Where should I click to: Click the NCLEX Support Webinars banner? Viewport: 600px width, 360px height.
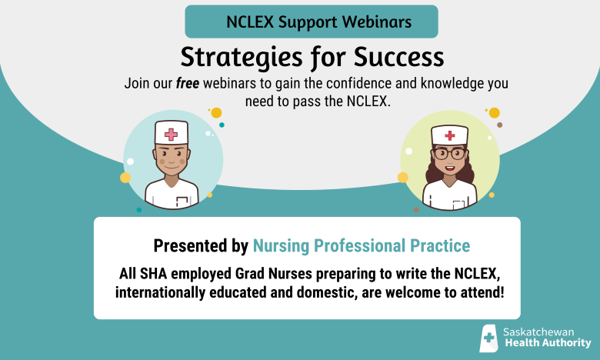tap(312, 22)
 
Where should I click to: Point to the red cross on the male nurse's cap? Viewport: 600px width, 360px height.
tap(171, 134)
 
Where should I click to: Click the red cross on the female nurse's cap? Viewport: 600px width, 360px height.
tap(450, 135)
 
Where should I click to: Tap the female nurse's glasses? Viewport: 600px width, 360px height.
tap(450, 154)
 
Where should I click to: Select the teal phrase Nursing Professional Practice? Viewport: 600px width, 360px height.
tap(361, 246)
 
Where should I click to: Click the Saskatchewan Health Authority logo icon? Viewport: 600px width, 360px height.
tap(488, 338)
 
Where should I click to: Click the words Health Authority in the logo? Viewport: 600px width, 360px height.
tap(546, 343)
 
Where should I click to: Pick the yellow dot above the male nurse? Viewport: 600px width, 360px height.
tap(216, 113)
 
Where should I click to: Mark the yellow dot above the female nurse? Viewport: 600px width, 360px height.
tap(494, 113)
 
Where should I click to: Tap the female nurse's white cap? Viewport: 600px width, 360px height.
tap(450, 134)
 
